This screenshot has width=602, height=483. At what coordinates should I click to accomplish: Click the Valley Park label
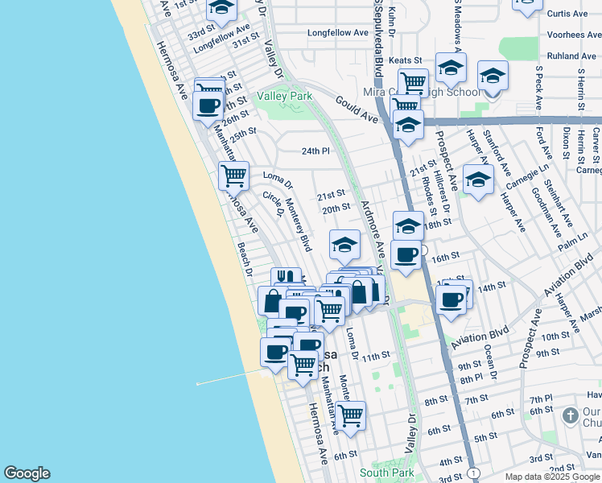click(x=284, y=96)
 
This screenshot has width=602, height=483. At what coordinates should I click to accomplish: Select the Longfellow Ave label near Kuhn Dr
click(x=336, y=33)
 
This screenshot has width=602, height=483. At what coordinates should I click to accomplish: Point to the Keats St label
click(x=405, y=60)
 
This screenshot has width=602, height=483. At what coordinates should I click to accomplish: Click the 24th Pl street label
click(x=315, y=151)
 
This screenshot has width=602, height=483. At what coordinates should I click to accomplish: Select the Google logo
click(x=27, y=473)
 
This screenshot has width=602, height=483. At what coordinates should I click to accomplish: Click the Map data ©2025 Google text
click(x=552, y=477)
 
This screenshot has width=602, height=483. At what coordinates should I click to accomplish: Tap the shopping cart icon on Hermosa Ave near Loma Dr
click(x=233, y=175)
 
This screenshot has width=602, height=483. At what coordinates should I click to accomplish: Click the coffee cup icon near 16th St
click(x=406, y=255)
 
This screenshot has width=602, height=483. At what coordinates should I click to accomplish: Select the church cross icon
click(x=570, y=415)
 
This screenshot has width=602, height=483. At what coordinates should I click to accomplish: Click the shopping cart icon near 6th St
click(x=350, y=415)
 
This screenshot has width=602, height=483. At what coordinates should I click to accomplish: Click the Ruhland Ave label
click(x=571, y=56)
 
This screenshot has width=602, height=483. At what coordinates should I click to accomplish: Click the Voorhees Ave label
click(x=570, y=35)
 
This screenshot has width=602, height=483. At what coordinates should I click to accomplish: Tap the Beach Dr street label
click(x=243, y=259)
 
